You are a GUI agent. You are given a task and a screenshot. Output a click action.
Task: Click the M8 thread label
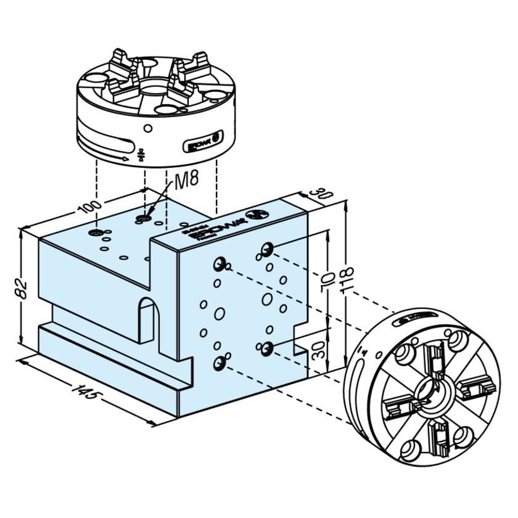(187, 180)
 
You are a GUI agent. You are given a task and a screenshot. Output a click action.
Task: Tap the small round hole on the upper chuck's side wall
(147, 128)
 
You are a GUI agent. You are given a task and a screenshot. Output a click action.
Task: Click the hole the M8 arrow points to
(144, 219)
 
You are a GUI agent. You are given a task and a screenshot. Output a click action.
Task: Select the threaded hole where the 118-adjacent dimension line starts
(266, 249)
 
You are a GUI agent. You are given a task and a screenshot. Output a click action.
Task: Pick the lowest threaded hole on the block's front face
(219, 363)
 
